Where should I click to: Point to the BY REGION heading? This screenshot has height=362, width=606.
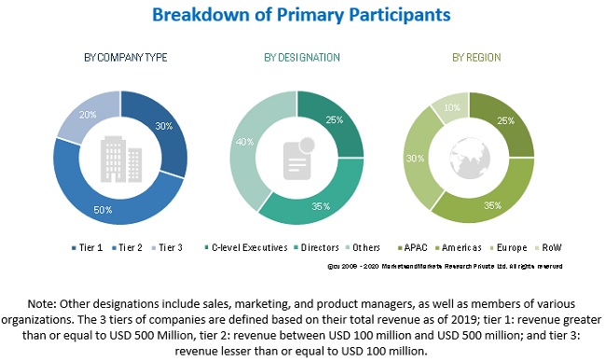click(471, 58)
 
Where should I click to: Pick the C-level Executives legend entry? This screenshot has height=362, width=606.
click(246, 246)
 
